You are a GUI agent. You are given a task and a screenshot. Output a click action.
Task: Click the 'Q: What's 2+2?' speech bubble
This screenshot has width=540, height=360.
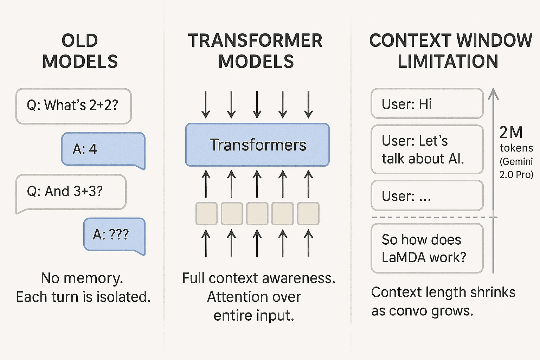coord(73,106)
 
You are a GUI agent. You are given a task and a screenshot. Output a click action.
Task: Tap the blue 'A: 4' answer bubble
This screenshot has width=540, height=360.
coord(103,150)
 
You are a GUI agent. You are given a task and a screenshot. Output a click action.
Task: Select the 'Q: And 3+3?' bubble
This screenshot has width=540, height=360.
coord(71,193)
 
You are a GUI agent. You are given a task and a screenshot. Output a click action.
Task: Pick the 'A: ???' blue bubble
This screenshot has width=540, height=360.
coord(115,236)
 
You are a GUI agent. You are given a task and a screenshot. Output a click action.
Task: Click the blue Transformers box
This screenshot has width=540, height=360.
coord(257,145)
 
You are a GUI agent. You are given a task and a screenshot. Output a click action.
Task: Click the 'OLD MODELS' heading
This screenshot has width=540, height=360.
coord(80,51)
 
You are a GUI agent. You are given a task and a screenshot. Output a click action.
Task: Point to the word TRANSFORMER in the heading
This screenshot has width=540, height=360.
coord(255,40)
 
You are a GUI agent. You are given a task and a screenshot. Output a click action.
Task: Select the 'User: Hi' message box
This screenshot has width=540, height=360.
coord(427,103)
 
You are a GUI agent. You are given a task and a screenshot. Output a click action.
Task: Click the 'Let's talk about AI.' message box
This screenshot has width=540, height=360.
coord(427,149)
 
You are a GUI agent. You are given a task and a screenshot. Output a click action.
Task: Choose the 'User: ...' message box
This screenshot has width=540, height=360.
coord(427,195)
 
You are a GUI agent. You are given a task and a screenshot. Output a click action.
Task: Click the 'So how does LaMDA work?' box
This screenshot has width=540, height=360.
coord(427,248)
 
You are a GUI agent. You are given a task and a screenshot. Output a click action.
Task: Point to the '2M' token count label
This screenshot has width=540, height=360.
coord(511,132)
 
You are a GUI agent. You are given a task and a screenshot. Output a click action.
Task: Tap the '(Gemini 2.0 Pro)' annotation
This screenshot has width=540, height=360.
coord(516,168)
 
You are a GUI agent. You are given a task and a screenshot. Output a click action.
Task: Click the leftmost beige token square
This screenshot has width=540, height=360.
coord(206,214)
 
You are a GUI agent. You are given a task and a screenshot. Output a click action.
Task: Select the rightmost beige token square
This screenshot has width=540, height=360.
coord(308,214)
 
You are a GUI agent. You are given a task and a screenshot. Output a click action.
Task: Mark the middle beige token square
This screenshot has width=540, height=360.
coord(257,214)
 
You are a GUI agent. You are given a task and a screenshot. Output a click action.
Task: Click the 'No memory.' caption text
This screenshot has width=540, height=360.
coord(82,278)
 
